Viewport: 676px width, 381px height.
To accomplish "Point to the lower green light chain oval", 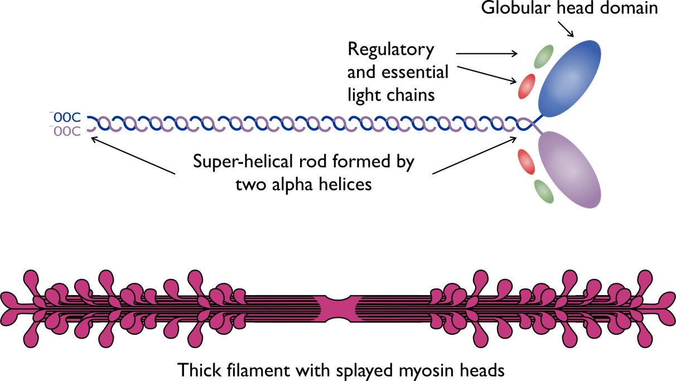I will [543, 191].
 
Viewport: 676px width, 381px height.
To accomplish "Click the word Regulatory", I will [390, 50].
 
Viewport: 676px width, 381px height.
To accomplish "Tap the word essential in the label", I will [416, 73].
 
